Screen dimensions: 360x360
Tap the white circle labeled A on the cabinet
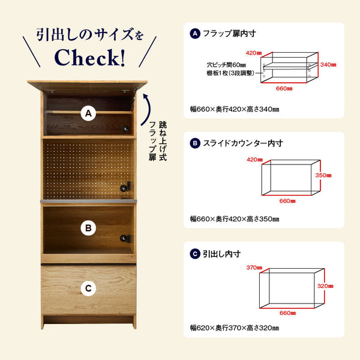click(x=88, y=113)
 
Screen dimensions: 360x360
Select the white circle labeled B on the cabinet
click(x=88, y=228)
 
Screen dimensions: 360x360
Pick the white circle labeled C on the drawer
click(x=88, y=289)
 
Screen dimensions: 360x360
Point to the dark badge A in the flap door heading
click(x=194, y=34)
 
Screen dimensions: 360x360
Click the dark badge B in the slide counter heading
click(x=194, y=143)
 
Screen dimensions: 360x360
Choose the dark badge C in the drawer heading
click(x=194, y=254)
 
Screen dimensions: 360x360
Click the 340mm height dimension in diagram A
click(x=328, y=64)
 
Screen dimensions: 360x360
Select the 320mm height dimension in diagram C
click(x=324, y=286)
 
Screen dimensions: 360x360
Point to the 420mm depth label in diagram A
click(x=254, y=53)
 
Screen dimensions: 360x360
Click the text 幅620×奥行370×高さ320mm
click(x=234, y=328)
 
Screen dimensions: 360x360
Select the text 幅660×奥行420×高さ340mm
click(x=234, y=109)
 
